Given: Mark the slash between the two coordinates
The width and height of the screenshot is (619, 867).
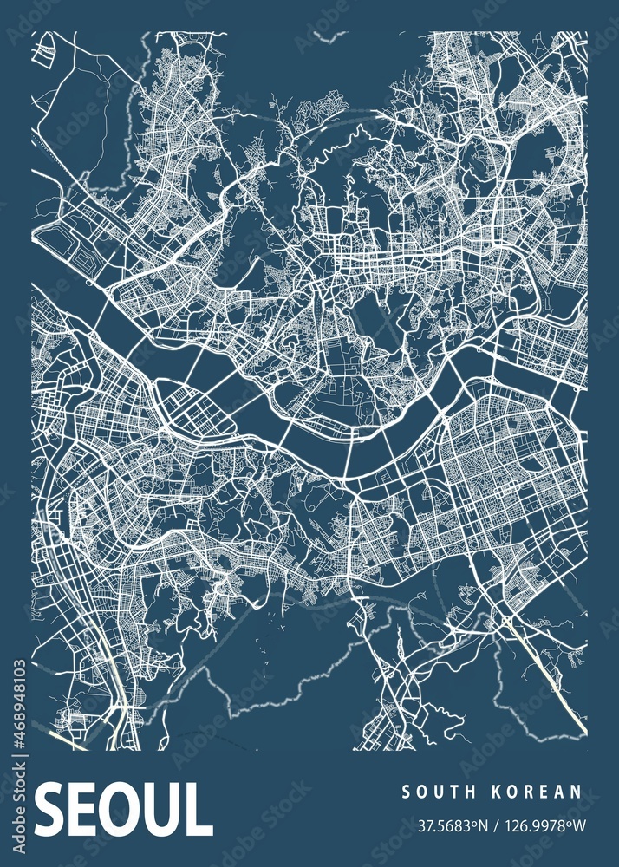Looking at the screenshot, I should (x=492, y=820).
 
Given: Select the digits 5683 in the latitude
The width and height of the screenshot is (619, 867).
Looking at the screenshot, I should (x=447, y=820).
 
